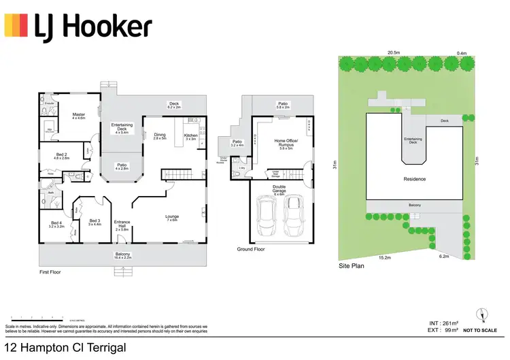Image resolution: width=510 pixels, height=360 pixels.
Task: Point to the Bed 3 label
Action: tap(95, 222)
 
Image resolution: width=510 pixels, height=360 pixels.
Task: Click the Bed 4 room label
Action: tap(56, 224)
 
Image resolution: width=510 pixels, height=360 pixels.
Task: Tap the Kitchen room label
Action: tap(190, 136)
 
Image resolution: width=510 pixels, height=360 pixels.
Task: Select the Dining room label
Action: tap(160, 136)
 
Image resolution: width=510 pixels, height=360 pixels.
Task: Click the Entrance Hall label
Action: tap(122, 224)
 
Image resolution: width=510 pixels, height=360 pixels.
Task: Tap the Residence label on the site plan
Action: tap(414, 179)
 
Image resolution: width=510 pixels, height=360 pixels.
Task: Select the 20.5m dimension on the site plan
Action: tap(393, 52)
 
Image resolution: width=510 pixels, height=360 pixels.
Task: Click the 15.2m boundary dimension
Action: tap(384, 258)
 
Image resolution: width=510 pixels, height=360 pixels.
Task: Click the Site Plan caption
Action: tap(352, 266)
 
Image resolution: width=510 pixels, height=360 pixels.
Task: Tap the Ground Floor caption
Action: tap(250, 250)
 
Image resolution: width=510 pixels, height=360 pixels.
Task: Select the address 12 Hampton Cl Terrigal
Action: tap(65, 348)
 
